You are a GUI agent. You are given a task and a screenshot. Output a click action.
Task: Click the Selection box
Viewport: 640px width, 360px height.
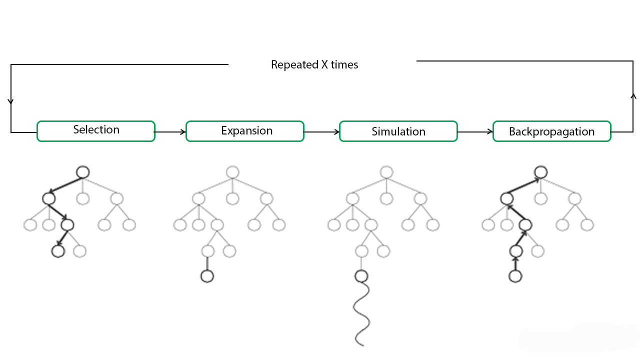pyautogui.click(x=96, y=131)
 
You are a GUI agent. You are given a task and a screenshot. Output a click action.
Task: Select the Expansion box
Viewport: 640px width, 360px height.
pyautogui.click(x=245, y=131)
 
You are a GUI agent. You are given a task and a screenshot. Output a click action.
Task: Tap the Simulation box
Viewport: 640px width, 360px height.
pyautogui.click(x=398, y=131)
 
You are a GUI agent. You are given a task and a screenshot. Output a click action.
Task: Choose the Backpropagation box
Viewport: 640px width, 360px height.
pyautogui.click(x=552, y=131)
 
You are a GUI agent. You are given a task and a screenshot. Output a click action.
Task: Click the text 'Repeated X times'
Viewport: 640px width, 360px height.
pyautogui.click(x=314, y=65)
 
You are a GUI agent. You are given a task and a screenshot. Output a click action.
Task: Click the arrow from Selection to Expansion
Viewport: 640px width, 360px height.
pyautogui.click(x=170, y=132)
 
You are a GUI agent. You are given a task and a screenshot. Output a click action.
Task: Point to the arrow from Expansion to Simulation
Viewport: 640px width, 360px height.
pyautogui.click(x=321, y=132)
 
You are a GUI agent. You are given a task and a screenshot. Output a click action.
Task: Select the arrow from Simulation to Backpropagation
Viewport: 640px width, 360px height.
pyautogui.click(x=475, y=132)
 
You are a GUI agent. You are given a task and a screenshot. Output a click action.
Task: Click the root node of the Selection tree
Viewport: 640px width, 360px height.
pyautogui.click(x=83, y=172)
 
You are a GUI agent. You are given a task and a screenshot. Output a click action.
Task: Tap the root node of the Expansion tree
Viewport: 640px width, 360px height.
pyautogui.click(x=232, y=172)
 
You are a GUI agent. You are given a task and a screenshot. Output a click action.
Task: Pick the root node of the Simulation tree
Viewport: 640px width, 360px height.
pyautogui.click(x=385, y=172)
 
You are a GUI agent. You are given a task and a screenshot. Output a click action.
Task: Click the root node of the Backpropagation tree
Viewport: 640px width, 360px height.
pyautogui.click(x=540, y=172)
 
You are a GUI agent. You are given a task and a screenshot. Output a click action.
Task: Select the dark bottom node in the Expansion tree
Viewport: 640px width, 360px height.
pyautogui.click(x=207, y=276)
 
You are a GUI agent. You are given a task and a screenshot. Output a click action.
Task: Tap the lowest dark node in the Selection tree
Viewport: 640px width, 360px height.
pyautogui.click(x=58, y=250)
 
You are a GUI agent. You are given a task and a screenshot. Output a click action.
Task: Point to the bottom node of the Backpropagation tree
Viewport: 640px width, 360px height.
pyautogui.click(x=515, y=276)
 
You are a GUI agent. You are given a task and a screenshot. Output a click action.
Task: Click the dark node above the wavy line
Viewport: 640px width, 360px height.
pyautogui.click(x=361, y=276)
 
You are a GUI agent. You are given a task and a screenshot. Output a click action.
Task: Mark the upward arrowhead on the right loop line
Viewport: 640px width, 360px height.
pyautogui.click(x=633, y=95)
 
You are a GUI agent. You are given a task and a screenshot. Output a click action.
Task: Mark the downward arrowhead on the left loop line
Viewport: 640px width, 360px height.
pyautogui.click(x=11, y=101)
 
